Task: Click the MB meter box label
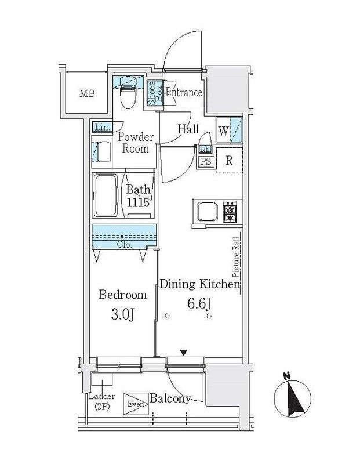pyautogui.click(x=88, y=94)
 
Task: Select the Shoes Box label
pyautogui.click(x=155, y=93)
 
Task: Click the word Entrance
pyautogui.click(x=184, y=93)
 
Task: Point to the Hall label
pyautogui.click(x=188, y=129)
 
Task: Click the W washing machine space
pyautogui.click(x=229, y=130)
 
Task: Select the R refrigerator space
pyautogui.click(x=230, y=161)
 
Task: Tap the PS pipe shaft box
pyautogui.click(x=206, y=162)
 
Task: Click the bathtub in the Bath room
pyautogui.click(x=106, y=195)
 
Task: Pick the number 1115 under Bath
pyautogui.click(x=137, y=202)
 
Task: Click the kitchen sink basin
pyautogui.click(x=208, y=211)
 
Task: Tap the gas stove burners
pyautogui.click(x=230, y=212)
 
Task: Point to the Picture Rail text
pyautogui.click(x=235, y=257)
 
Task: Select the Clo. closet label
pyautogui.click(x=124, y=245)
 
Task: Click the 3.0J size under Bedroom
pyautogui.click(x=123, y=315)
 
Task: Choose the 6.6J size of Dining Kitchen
pyautogui.click(x=199, y=303)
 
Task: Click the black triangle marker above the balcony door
pyautogui.click(x=184, y=353)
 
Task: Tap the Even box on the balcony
pyautogui.click(x=136, y=404)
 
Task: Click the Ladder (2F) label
pyautogui.click(x=102, y=401)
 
